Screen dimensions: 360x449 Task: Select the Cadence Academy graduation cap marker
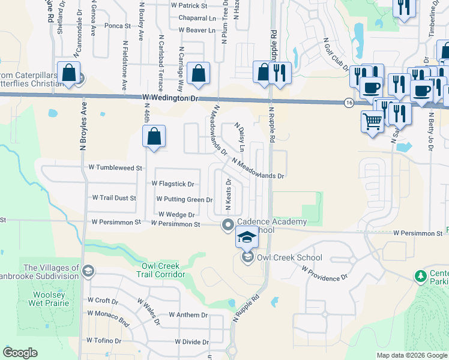[x=246, y=236]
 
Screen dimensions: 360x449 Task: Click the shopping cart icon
[x=373, y=122]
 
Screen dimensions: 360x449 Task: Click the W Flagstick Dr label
[x=173, y=184]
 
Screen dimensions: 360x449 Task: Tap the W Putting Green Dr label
[x=184, y=199]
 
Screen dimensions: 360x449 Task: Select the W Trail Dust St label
[x=114, y=197]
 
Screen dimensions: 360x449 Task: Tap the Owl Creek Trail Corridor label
[x=163, y=269]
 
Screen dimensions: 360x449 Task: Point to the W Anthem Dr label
[x=188, y=314]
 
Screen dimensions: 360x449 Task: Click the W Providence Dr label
[x=325, y=274]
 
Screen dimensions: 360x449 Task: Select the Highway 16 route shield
[x=349, y=103]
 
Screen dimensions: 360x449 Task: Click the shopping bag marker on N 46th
[x=154, y=136]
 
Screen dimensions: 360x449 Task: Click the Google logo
[x=20, y=353]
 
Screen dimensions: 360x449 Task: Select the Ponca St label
[x=117, y=26]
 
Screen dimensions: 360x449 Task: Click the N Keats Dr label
[x=228, y=193]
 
